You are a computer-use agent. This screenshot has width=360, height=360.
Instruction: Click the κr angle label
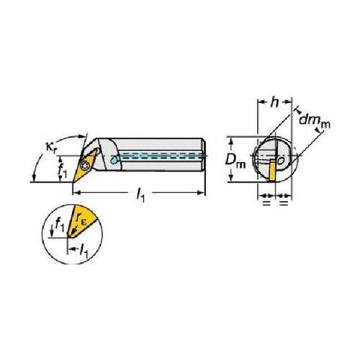click(51, 147)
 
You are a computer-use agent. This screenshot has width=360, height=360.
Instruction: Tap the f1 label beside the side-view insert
click(62, 170)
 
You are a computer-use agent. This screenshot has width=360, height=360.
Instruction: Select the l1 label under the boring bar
click(140, 195)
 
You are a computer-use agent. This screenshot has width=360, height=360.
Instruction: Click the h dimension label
click(274, 102)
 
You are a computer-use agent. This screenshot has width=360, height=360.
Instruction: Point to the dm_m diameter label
click(315, 120)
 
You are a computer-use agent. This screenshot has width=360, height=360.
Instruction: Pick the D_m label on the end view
click(235, 161)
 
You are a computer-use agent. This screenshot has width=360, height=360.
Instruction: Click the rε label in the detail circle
click(81, 218)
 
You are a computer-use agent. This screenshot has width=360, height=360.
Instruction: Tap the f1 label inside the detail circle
click(60, 225)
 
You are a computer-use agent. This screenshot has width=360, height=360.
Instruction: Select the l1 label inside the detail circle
click(84, 251)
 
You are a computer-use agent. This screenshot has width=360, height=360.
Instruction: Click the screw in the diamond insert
click(84, 166)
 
